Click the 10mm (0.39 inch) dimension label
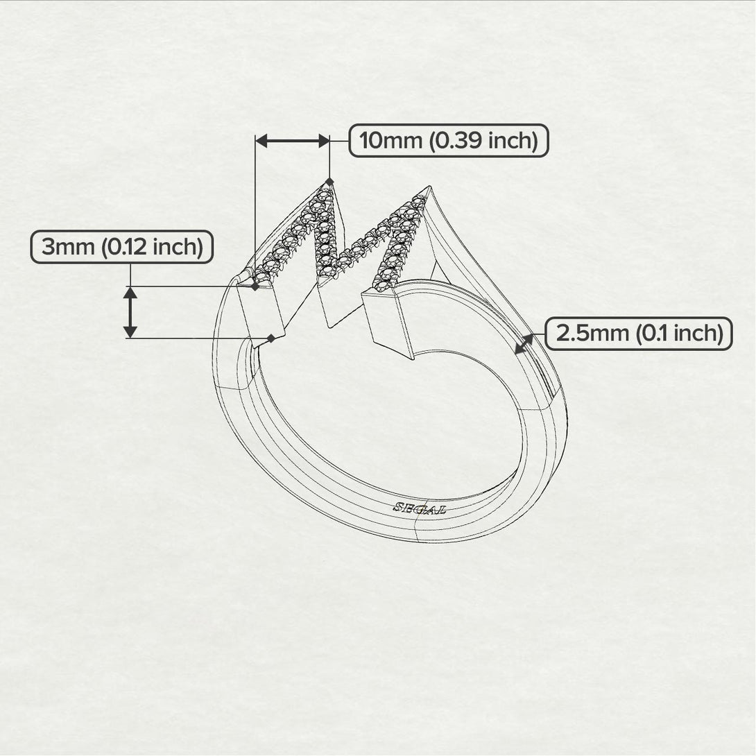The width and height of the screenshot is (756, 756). (448, 141)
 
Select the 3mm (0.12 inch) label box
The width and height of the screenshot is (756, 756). (121, 247)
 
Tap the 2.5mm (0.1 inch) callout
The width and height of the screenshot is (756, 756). (639, 334)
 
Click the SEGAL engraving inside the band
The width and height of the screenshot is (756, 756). (420, 508)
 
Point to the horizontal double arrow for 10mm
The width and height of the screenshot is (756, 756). (292, 141)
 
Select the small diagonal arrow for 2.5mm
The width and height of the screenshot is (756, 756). (524, 343)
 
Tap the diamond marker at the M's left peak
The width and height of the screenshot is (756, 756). (328, 181)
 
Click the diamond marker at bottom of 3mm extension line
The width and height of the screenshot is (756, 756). (272, 338)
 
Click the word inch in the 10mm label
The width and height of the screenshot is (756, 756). (513, 141)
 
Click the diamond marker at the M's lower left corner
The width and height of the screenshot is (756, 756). (255, 286)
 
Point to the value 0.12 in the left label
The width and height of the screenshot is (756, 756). (126, 247)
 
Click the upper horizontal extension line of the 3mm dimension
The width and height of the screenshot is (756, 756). (187, 286)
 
